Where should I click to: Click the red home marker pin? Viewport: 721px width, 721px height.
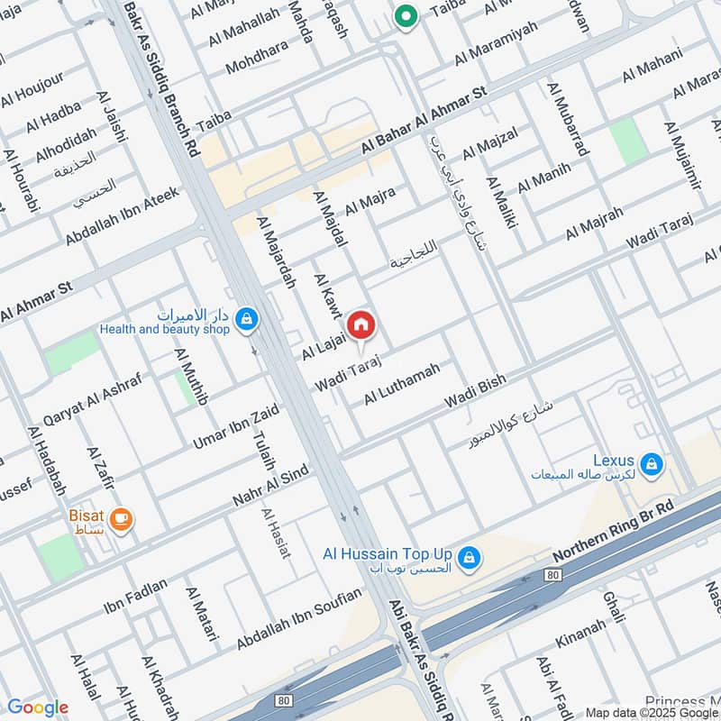coord(360,324)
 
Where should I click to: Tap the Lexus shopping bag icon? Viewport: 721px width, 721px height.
coord(653,465)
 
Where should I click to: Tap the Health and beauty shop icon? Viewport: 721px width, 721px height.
coord(245,318)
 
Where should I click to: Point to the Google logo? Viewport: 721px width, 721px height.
coord(37,707)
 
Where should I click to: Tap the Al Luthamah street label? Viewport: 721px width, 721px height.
coord(402,383)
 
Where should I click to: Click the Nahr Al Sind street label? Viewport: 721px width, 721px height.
coord(271,488)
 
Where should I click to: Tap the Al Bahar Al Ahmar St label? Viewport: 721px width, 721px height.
coord(424,120)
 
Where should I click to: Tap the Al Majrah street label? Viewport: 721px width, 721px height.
coord(594,224)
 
